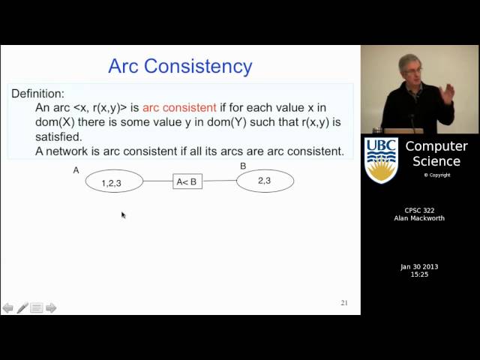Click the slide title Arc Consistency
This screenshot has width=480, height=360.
180,66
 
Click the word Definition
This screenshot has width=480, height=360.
37,94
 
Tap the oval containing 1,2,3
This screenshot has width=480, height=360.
113,181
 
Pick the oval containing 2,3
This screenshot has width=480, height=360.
265,180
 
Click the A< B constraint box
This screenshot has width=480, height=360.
187,181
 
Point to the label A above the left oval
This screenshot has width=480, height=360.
76,170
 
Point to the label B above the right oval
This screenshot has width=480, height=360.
243,166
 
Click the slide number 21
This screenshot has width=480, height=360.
344,303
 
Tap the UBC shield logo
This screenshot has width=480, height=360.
381,160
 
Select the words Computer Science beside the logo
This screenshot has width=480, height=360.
436,154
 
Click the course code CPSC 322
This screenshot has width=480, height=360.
420,211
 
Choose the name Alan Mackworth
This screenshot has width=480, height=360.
420,219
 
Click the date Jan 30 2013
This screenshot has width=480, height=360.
420,267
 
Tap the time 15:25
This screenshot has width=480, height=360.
420,274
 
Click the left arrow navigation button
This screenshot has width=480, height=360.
8,307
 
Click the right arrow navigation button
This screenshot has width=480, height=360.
51,307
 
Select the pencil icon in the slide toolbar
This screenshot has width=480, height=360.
22,307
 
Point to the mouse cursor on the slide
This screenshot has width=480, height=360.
123,214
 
